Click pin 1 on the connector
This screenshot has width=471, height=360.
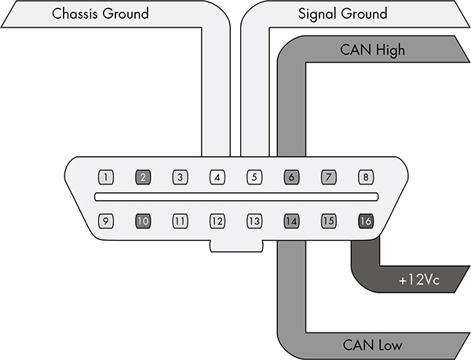[x=106, y=177]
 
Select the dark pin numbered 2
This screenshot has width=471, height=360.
[x=143, y=177]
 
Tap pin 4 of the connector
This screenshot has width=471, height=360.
[x=217, y=177]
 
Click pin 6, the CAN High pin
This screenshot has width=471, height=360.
[x=290, y=177]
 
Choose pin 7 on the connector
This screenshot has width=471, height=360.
[x=328, y=177]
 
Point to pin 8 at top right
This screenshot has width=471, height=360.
[x=365, y=177]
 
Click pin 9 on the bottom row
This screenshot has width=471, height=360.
[x=106, y=221]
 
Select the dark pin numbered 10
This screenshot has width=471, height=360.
[x=143, y=221]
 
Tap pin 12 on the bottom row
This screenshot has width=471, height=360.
[x=217, y=221]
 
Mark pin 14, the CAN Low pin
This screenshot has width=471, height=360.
[x=290, y=221]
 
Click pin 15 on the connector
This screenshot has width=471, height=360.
[x=328, y=221]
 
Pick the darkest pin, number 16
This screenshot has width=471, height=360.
[x=365, y=221]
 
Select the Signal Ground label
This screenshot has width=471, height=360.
[x=342, y=14]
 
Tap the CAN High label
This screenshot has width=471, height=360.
[x=372, y=50]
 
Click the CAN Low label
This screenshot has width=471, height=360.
[x=374, y=344]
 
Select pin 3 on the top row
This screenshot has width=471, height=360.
[x=180, y=177]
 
